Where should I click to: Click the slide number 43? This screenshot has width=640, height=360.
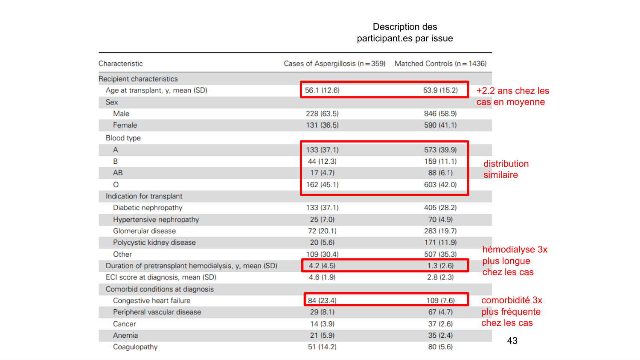(x=512, y=340)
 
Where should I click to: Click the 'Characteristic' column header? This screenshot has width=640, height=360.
(x=121, y=64)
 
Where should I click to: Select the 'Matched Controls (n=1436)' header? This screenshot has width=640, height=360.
(x=440, y=64)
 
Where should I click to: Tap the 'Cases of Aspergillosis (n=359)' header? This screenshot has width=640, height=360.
(x=335, y=64)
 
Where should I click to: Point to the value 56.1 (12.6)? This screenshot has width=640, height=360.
(x=322, y=90)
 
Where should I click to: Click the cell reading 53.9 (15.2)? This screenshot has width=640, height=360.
(x=440, y=90)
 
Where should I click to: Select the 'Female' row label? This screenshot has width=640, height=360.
(x=125, y=125)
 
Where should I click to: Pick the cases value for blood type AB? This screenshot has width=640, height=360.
(x=322, y=173)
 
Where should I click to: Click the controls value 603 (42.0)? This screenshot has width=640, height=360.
(x=440, y=185)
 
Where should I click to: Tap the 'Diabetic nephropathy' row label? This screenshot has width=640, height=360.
(x=148, y=208)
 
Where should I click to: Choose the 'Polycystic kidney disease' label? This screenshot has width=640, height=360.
(x=154, y=242)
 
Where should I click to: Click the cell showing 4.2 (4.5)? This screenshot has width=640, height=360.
(x=322, y=266)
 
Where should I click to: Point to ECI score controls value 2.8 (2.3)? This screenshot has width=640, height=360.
(x=440, y=277)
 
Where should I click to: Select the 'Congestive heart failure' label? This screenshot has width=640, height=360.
(x=151, y=301)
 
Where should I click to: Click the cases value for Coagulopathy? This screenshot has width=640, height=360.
(x=322, y=347)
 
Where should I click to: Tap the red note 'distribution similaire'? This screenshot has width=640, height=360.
(x=506, y=169)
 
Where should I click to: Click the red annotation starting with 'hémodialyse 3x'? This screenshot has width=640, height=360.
(x=514, y=261)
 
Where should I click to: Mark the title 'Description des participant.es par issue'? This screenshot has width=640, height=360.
(x=405, y=32)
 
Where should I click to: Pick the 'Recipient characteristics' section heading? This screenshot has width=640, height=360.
(x=138, y=79)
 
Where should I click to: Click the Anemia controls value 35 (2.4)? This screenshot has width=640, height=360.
(x=440, y=335)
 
